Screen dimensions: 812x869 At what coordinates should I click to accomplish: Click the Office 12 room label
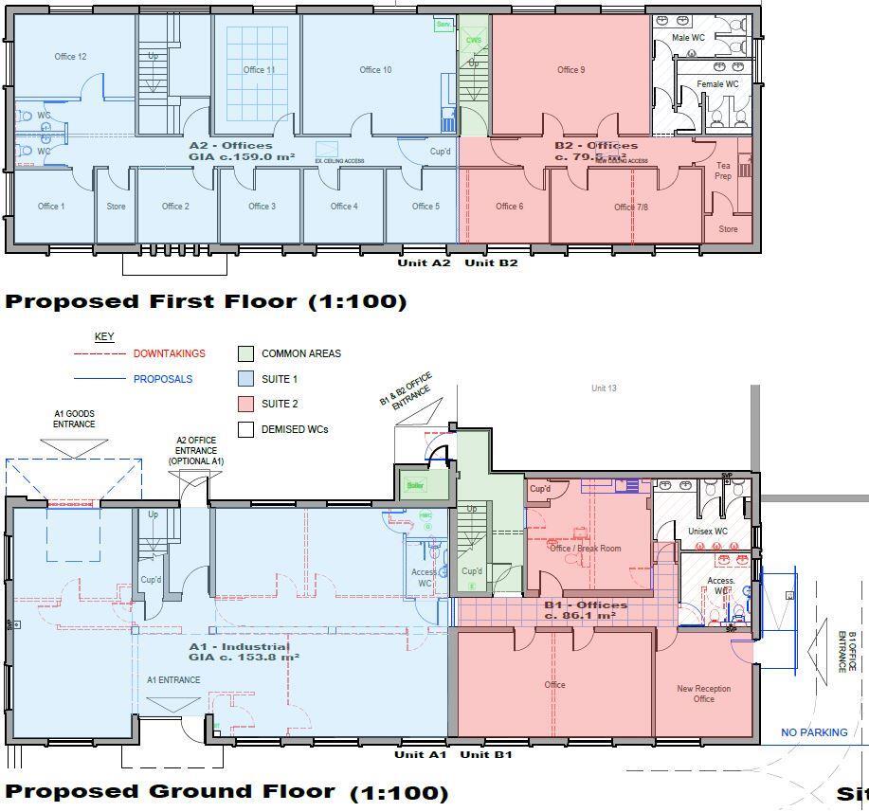coord(70,57)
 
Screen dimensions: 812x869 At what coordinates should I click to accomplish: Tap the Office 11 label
coord(259,70)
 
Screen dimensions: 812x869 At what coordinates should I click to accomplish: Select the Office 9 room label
coord(570,70)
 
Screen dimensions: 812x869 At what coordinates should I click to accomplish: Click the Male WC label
coord(688,38)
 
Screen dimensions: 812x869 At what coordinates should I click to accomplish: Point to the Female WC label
coord(717,84)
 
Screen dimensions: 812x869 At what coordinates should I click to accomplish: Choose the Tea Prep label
coord(723,171)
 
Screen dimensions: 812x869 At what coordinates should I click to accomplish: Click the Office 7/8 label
coord(630,207)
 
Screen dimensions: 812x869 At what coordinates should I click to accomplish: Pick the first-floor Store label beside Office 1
coord(116,207)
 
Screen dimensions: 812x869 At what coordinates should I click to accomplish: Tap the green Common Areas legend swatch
coord(245,353)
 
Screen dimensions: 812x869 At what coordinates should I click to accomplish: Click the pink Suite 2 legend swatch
coord(245,405)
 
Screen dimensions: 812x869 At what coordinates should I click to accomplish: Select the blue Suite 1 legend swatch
coord(245,379)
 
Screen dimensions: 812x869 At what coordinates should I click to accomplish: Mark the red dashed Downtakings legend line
coord(100,353)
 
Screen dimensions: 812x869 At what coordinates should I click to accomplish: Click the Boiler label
coord(415,485)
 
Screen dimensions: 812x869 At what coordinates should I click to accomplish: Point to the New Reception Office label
coord(703,694)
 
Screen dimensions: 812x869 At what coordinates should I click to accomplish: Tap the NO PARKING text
coord(814,732)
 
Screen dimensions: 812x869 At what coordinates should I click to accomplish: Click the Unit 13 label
coord(604,388)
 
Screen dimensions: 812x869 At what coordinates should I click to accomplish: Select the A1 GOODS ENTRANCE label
coord(74,419)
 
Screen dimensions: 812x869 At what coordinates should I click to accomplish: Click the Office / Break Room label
coord(585,549)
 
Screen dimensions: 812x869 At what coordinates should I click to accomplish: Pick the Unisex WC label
coord(707,532)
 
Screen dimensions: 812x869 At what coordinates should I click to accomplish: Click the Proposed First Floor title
coord(206,301)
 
